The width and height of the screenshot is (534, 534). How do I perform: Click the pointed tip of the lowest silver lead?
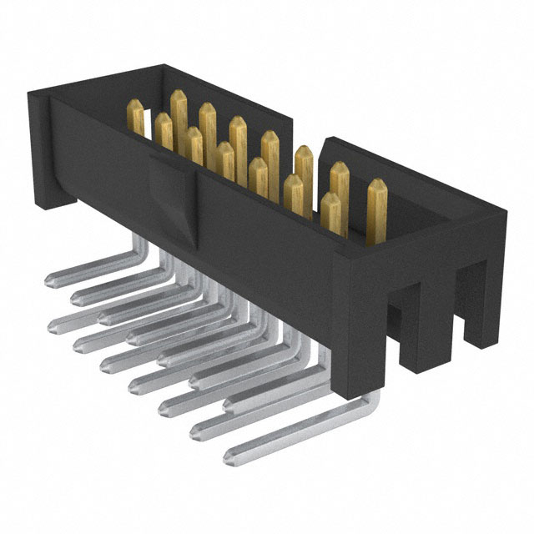coord(229,455)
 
